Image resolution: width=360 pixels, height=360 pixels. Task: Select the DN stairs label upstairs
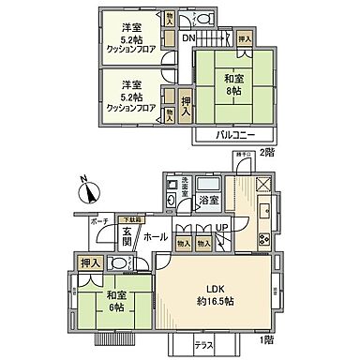[x=187, y=37]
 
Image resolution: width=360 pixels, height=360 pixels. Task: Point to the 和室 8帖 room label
[x=232, y=85]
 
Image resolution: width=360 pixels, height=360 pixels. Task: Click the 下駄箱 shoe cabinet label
[x=131, y=218]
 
